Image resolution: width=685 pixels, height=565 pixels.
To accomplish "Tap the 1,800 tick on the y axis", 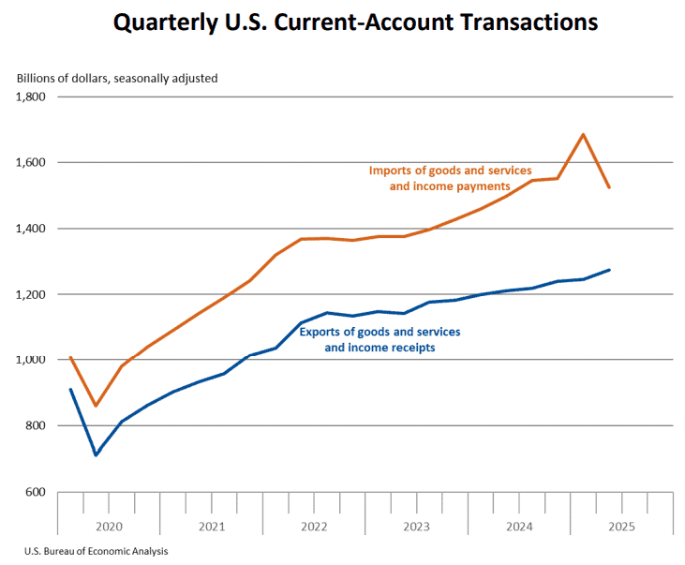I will pos(32,97).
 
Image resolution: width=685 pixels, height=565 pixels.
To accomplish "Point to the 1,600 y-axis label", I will pos(32,162).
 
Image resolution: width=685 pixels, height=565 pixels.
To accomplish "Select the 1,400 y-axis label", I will pos(32,229).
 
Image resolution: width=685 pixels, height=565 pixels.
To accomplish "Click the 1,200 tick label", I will pos(32,294).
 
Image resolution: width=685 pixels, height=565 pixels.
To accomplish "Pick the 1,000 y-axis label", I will pos(32,360).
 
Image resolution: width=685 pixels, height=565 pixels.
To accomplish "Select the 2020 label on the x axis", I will pos(110,527).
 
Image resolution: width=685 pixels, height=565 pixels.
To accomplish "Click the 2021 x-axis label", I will pos(212,527).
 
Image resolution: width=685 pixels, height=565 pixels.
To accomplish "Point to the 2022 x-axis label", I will pos(314,527).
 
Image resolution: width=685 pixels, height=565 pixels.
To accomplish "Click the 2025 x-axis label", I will pos(620,527).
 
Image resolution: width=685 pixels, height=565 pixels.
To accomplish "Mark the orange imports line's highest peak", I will pos(584,134).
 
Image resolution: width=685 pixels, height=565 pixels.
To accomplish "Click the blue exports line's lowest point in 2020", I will pos(96,455).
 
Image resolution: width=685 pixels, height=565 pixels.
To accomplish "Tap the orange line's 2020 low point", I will pos(96,406).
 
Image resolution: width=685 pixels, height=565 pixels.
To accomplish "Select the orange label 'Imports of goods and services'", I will pos(450,171).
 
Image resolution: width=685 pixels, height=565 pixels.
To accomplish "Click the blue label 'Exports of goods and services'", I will pos(380,332).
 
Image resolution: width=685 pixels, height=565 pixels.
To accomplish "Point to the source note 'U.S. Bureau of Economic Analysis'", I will pos(90,551).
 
